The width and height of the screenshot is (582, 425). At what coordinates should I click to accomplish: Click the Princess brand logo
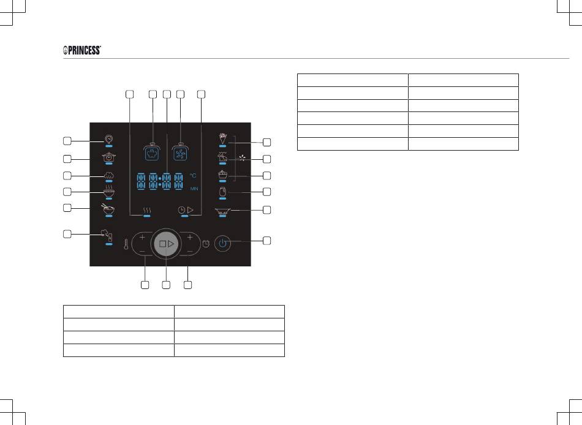[82, 50]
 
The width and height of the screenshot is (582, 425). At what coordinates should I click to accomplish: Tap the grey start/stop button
[166, 244]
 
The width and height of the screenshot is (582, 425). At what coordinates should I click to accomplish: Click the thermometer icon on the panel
[126, 244]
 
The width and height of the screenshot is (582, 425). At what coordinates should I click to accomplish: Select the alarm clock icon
[206, 244]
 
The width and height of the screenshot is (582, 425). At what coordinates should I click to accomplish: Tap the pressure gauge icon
[109, 139]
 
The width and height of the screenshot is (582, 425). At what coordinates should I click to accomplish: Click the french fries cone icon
[223, 138]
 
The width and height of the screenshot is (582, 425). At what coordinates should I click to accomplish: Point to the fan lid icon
[180, 152]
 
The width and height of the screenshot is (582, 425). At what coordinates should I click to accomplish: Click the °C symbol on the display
[193, 175]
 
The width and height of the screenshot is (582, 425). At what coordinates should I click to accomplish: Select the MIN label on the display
[194, 189]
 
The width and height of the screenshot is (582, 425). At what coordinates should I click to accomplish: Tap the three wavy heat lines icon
[147, 211]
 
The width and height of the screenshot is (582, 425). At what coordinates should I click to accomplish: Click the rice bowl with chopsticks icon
[108, 208]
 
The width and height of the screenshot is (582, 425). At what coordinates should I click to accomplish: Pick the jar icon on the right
[222, 192]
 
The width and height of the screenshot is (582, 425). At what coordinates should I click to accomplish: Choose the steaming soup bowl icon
[109, 191]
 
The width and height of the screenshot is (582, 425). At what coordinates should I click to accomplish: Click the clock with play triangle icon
[186, 210]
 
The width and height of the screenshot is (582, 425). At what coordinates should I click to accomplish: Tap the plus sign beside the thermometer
[142, 237]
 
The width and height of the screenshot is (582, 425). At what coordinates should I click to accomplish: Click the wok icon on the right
[222, 211]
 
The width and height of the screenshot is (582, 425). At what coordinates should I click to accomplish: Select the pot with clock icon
[109, 157]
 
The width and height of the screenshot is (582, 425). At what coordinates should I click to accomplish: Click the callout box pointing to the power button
[266, 241]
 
